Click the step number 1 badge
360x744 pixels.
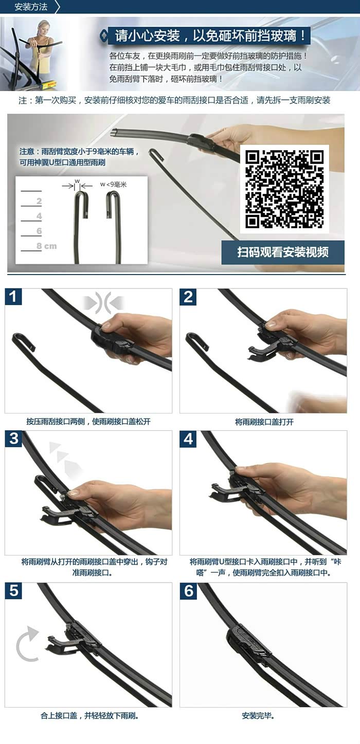tap(13, 297)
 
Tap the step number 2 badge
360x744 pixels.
tap(188, 297)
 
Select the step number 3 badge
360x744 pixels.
tap(13, 439)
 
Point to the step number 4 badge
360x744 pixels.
tap(188, 439)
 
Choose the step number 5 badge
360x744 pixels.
tap(13, 591)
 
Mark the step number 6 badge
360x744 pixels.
tap(188, 591)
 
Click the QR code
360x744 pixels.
tap(284, 189)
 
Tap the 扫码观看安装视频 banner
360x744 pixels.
tap(283, 252)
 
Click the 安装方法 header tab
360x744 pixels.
tap(30, 7)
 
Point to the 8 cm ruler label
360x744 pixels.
tap(46, 246)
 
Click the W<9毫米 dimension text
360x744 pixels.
tap(113, 185)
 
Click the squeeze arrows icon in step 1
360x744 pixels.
tap(103, 302)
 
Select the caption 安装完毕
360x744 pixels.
tap(258, 715)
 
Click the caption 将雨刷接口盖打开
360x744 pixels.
tap(264, 422)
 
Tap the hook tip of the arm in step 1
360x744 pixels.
tap(32, 348)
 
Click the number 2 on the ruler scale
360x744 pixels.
tap(39, 201)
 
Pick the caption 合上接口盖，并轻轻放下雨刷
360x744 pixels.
tap(89, 715)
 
